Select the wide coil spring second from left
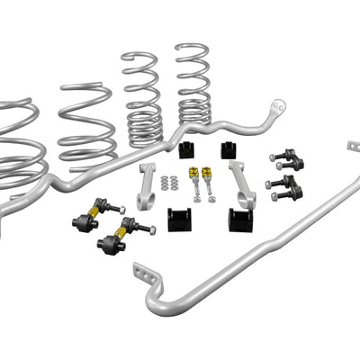tap(87, 126)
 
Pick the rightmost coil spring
tap(193, 85)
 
